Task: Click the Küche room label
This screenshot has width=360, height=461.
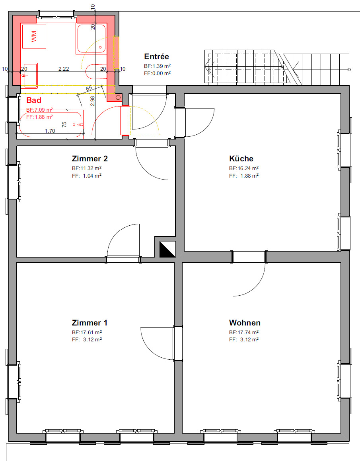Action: coord(241,159)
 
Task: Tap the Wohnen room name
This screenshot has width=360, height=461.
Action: coord(245,323)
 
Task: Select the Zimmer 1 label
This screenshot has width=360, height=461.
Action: coord(90,323)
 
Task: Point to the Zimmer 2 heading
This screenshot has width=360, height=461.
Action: coord(90,159)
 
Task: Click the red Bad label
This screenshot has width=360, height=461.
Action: coord(34,100)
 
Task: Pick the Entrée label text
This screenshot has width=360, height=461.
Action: coord(156,57)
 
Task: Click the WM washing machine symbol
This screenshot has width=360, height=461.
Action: coord(34,37)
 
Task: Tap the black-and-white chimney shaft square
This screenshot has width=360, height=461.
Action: coord(167,249)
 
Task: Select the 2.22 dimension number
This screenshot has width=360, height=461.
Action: coord(64,69)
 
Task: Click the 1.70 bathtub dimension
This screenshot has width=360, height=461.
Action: coord(50,131)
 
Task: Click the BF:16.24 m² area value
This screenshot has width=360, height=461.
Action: coord(244,168)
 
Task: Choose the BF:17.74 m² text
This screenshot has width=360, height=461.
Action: coord(244,332)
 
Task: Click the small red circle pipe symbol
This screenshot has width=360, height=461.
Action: coord(118,97)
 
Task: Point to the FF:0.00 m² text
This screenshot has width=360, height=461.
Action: coord(158,73)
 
